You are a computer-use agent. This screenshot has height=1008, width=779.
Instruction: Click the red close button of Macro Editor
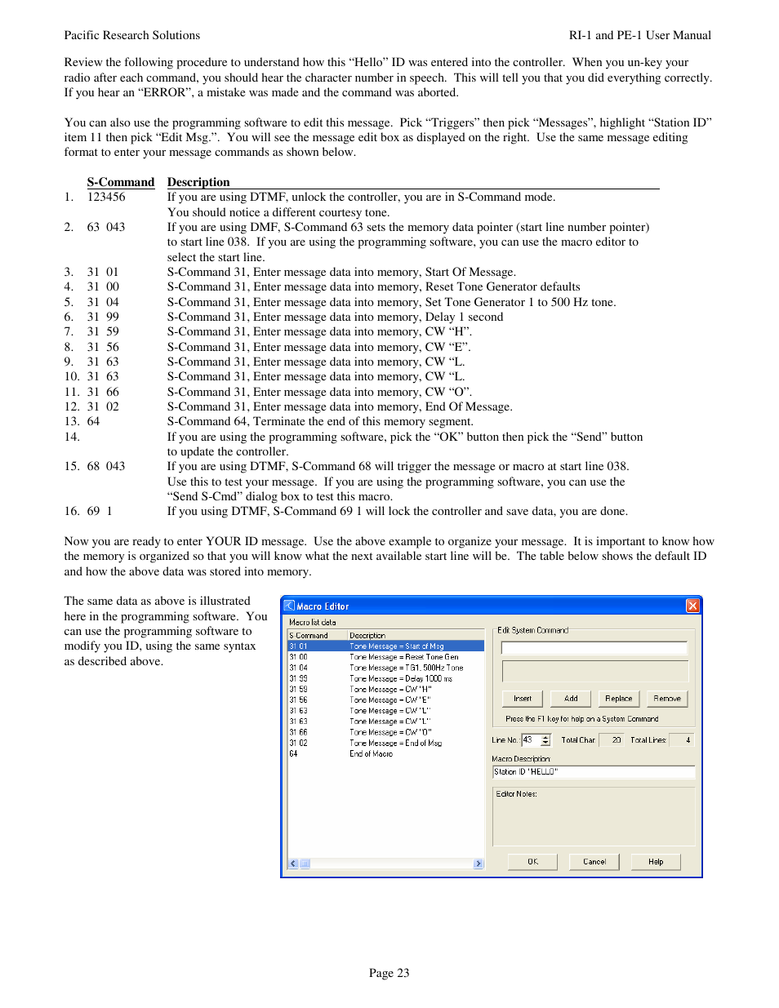click(692, 606)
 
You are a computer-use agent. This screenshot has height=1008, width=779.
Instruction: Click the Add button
click(571, 699)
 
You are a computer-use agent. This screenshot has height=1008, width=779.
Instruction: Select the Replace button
click(618, 699)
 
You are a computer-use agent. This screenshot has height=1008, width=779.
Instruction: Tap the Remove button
click(666, 699)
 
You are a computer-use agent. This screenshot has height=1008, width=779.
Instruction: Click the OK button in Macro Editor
click(532, 862)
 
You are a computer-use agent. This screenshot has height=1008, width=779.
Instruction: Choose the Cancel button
click(594, 862)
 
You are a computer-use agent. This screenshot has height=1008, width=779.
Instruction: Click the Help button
click(655, 862)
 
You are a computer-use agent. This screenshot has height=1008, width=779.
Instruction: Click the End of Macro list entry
click(371, 754)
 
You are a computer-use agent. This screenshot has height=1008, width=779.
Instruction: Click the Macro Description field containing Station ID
click(593, 772)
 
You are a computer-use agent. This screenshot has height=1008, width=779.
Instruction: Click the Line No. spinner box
click(536, 740)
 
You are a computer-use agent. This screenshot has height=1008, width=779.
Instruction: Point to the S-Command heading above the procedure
click(121, 182)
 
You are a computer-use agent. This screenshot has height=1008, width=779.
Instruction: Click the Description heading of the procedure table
click(198, 182)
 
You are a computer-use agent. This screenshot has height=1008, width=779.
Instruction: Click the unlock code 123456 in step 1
click(106, 197)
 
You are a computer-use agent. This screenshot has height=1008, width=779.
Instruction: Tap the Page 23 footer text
click(389, 973)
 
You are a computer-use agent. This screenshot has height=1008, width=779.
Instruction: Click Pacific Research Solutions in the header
click(132, 35)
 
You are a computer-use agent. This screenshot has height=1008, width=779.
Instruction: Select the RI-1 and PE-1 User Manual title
click(639, 35)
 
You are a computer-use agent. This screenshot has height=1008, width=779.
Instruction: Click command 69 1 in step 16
click(100, 511)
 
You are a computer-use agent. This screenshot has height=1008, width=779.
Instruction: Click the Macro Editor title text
click(323, 606)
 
